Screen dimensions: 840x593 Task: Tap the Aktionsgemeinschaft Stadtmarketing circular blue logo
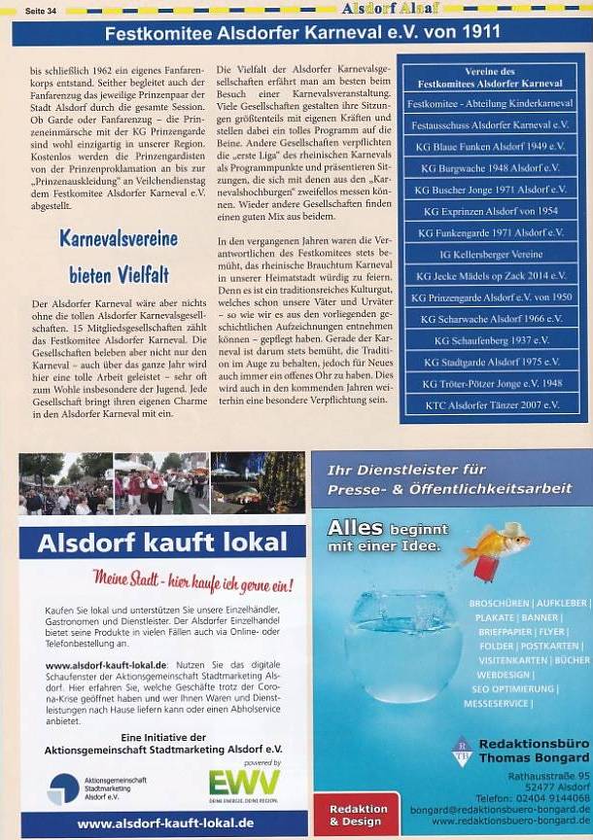click(63, 787)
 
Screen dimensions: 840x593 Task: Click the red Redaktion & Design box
click(358, 815)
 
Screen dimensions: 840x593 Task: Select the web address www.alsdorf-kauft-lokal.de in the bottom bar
click(165, 822)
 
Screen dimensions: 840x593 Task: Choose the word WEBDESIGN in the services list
click(504, 674)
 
